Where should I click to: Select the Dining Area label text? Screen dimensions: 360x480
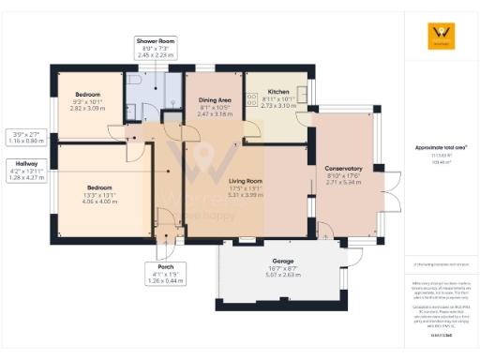click(x=215, y=98)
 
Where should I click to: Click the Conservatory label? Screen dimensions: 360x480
click(x=343, y=168)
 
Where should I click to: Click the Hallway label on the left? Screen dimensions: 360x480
click(x=26, y=163)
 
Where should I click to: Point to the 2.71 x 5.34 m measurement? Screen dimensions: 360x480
click(x=343, y=183)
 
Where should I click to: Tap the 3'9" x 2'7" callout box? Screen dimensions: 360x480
click(x=27, y=137)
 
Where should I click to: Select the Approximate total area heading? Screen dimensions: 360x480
click(x=441, y=148)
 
